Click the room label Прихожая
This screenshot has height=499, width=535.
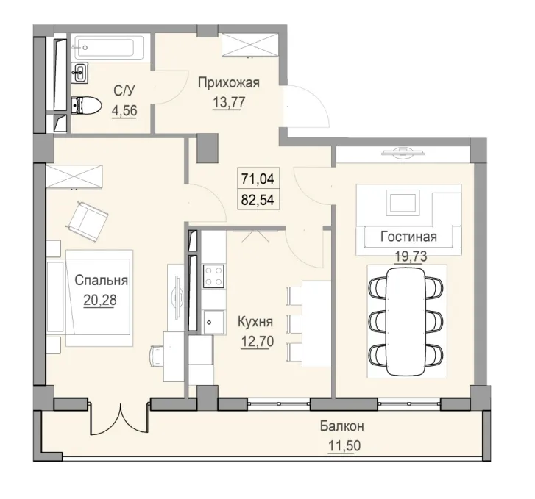coord(229,82)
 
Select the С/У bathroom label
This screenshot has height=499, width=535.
coord(123,92)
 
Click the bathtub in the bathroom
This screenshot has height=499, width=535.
coord(110,48)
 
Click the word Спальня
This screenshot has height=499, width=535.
coord(102,280)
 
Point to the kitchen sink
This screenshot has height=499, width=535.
coord(213,320)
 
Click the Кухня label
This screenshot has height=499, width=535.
coord(255,321)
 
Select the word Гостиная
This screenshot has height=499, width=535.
coord(409,237)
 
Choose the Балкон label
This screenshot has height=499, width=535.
coord(342,427)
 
